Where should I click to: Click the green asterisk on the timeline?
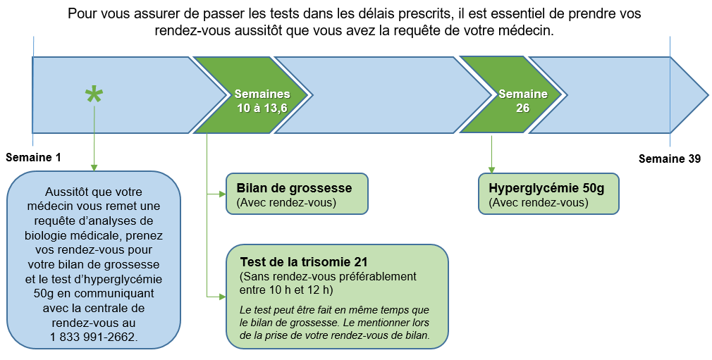[94, 95]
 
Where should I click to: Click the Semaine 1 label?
[33, 158]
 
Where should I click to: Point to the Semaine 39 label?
[670, 159]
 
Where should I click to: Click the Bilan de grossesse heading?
[294, 188]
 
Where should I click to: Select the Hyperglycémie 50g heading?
[547, 188]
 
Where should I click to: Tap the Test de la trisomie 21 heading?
[304, 262]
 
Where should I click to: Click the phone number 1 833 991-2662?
[94, 337]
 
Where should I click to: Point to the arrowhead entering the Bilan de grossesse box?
[223, 194]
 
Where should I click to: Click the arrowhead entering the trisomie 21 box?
[223, 297]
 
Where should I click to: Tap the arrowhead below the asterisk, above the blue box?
[94, 168]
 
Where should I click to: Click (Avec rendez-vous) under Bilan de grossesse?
[286, 202]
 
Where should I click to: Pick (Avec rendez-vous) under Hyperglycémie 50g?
[539, 202]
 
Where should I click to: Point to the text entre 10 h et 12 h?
[286, 290]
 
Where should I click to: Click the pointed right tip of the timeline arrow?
[708, 95]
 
